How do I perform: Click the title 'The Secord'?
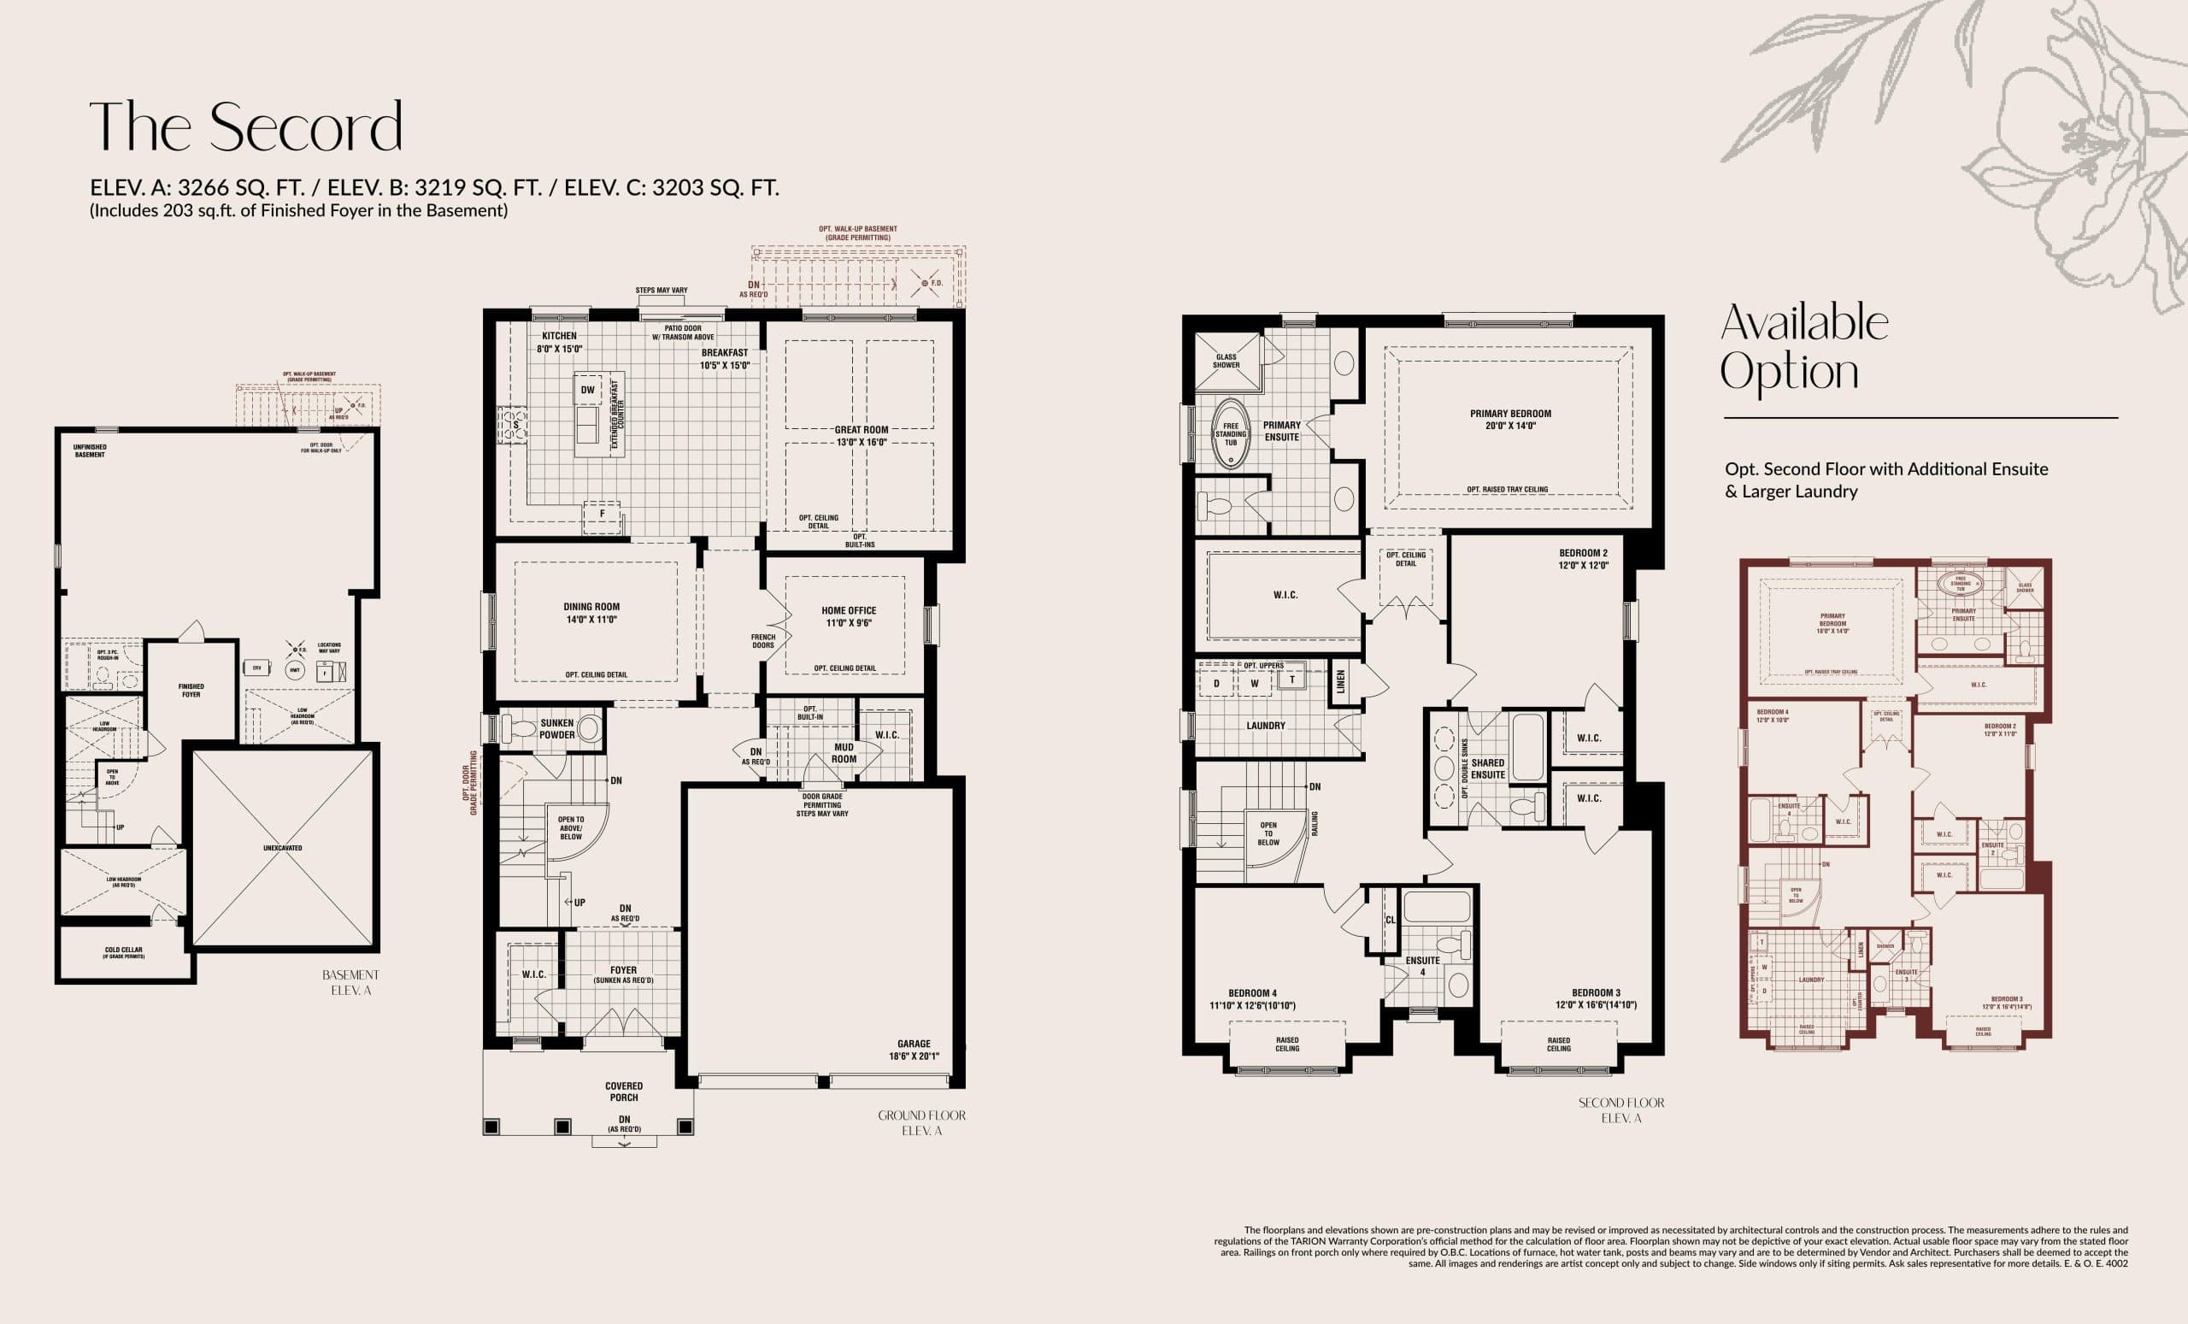coord(245,128)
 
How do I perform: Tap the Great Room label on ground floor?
coord(862,435)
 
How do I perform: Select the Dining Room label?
coord(591,613)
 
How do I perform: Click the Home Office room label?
coord(849,616)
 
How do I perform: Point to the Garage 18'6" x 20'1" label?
coord(914,1050)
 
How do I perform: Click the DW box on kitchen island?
coord(588,390)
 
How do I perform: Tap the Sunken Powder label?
coord(556,729)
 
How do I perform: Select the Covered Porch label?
coord(624,1092)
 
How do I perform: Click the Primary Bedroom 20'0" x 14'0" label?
coord(1510,419)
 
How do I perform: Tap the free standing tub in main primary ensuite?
coord(1231,434)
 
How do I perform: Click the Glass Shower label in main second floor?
coord(1226,361)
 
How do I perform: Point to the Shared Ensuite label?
coord(1487,768)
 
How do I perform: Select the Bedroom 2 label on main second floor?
coord(1583,558)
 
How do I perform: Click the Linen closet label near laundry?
coord(1341,682)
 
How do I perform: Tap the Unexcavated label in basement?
coord(282,848)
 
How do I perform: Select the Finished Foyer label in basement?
coord(191,690)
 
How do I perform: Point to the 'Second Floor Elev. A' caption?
coord(1621,1110)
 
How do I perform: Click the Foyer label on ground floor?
coord(623,974)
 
